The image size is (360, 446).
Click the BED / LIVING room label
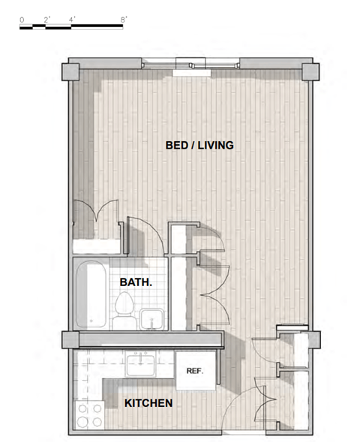[199, 146]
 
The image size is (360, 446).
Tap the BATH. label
[136, 283]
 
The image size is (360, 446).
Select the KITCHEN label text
[148, 403]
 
